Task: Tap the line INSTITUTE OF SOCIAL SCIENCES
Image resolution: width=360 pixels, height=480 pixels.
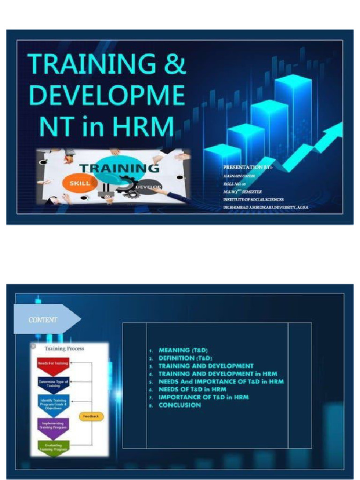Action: click(x=253, y=199)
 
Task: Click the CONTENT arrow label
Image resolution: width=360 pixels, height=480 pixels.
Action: click(x=44, y=320)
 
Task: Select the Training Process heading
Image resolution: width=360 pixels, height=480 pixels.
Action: click(x=64, y=349)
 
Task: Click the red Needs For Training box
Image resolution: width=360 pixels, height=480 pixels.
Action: click(x=53, y=363)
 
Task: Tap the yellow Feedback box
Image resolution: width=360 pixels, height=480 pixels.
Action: click(x=91, y=416)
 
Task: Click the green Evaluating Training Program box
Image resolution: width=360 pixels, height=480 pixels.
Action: click(x=53, y=447)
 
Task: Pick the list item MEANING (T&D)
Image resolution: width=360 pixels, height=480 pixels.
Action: click(x=183, y=350)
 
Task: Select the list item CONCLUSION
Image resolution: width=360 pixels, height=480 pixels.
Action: click(x=180, y=405)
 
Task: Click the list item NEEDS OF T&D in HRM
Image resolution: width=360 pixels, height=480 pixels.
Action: click(x=192, y=389)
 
